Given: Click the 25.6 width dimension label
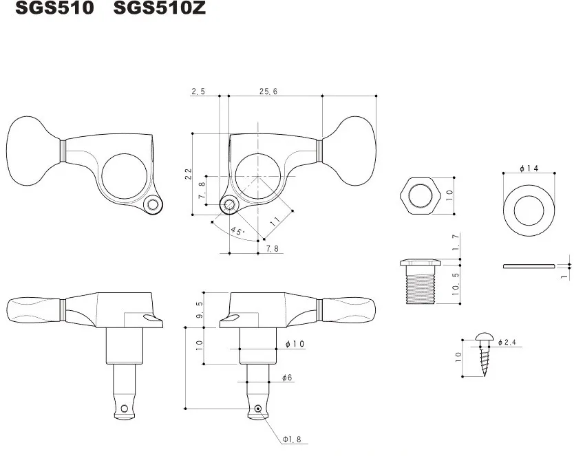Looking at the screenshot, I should point(268,91).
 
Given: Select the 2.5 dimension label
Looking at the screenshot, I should point(198,91).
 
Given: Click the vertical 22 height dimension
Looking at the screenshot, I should point(189,173).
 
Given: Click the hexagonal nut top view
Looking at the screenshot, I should point(419,195).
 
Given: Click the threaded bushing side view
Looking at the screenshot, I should point(418,282).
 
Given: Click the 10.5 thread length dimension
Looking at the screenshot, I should point(456,283).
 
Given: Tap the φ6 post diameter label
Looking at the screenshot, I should point(288,378).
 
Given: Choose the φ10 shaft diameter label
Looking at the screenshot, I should point(293,343).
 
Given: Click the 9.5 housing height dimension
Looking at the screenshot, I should point(200,310).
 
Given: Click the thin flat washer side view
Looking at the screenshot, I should point(528,265).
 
